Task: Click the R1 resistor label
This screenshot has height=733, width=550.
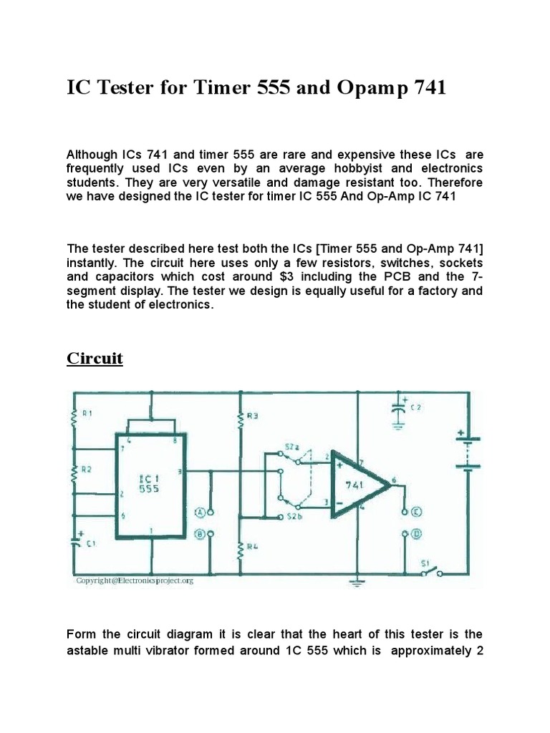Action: coord(87,413)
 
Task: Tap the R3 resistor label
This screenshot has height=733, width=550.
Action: coord(252,415)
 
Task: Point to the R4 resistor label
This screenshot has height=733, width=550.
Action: coord(251,548)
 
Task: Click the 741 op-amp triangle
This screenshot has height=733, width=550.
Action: coord(357,485)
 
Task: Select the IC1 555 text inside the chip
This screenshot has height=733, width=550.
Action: coord(150,483)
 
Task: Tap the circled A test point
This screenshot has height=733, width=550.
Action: coord(201,512)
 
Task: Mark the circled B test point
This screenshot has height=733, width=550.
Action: coord(201,533)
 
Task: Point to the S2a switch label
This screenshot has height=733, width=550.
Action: coord(291,447)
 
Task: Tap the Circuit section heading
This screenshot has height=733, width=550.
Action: coord(95,358)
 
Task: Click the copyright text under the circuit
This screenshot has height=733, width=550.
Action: coord(135,581)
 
